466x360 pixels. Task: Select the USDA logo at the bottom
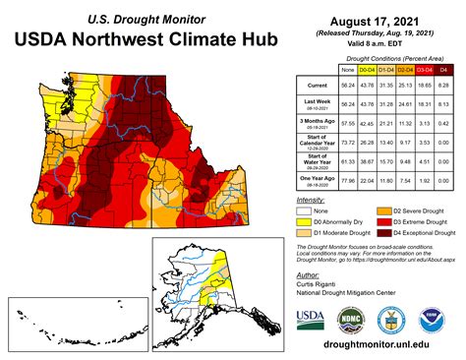pyautogui.click(x=311, y=319)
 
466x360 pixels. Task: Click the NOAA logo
pyautogui.click(x=429, y=319)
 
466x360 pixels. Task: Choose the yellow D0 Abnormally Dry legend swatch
pyautogui.click(x=302, y=222)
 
